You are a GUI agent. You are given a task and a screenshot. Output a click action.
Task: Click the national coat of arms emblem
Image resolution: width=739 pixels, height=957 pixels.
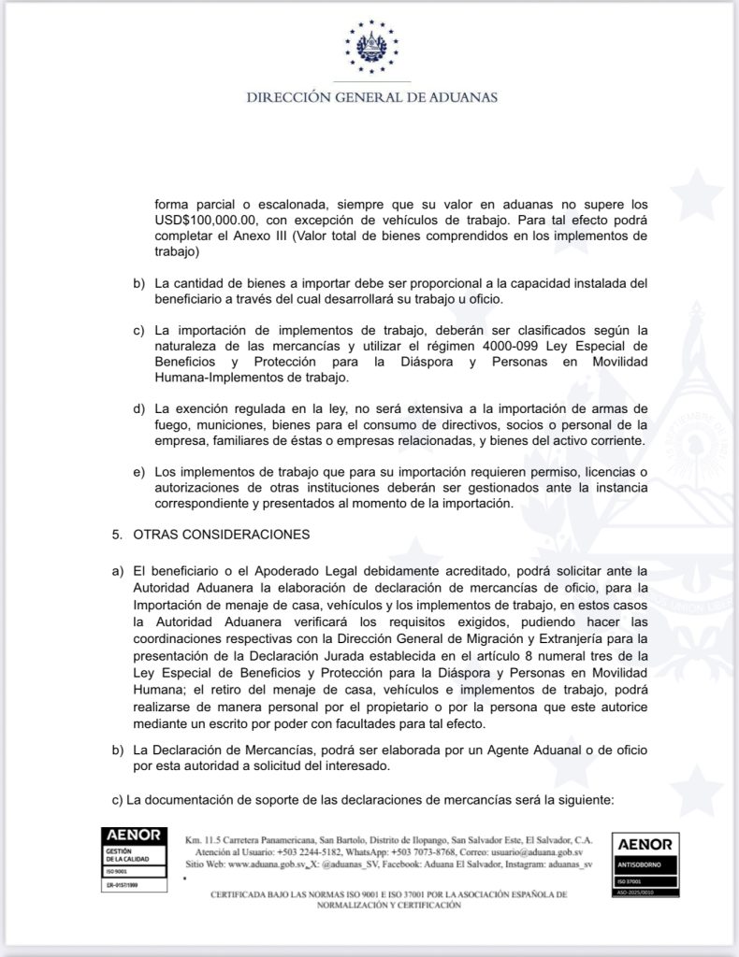tap(371, 48)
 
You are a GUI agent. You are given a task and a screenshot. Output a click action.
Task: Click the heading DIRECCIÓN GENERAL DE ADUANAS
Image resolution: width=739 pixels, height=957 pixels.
tap(371, 97)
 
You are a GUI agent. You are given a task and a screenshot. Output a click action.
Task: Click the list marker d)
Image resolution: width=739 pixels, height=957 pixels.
tap(138, 409)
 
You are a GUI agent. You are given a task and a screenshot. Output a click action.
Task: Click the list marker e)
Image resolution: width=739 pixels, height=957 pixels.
tap(138, 473)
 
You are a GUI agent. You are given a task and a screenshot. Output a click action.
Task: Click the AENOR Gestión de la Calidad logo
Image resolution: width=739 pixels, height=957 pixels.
tap(133, 856)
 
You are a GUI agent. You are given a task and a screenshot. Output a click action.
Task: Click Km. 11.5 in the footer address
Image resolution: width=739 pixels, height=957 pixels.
tap(200, 838)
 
